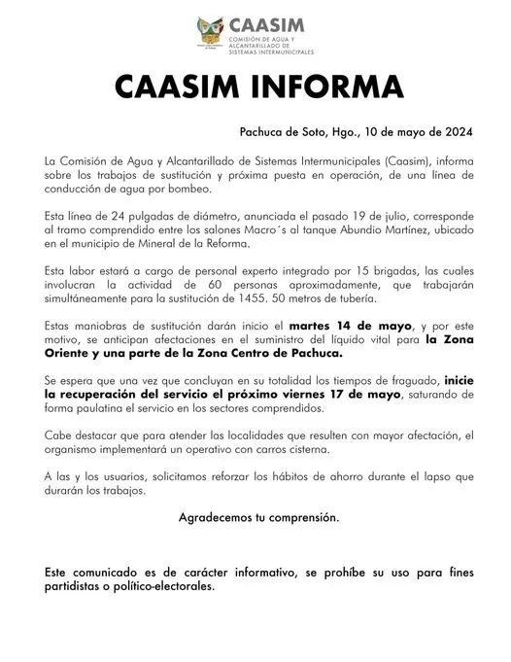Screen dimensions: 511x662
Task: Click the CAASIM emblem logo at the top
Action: point(209,31)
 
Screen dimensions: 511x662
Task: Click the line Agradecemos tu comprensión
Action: point(259,519)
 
